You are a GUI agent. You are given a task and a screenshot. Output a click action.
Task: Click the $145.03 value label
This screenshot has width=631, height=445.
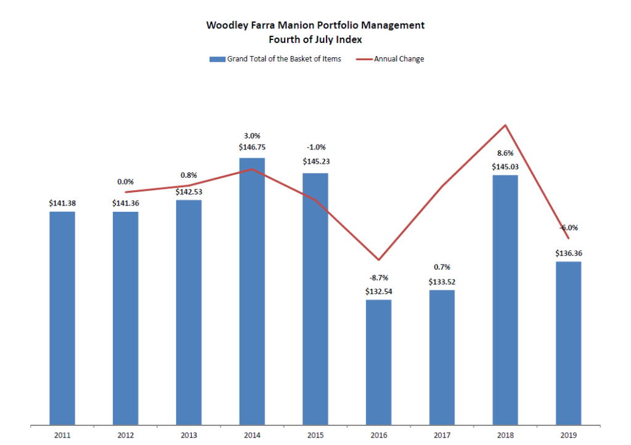point(505,166)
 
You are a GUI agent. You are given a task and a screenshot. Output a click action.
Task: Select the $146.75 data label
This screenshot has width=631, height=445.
point(251,148)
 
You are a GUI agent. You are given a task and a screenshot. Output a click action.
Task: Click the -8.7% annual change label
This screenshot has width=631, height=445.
point(378,278)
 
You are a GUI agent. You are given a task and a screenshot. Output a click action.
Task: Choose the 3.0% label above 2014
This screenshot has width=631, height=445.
point(251,135)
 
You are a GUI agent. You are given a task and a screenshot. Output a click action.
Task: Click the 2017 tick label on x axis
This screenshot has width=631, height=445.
point(441,436)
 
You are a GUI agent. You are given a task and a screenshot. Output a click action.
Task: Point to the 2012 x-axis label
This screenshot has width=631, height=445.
point(125,436)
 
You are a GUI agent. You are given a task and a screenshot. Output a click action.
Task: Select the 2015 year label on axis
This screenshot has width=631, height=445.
point(315,436)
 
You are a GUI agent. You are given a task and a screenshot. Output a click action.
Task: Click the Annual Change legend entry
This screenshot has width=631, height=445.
point(399,59)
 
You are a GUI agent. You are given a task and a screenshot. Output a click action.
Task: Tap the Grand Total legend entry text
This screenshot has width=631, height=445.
point(283,59)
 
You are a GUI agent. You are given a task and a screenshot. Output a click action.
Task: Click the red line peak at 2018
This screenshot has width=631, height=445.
point(505,126)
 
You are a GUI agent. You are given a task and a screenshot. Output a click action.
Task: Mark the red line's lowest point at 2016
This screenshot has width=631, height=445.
point(378,260)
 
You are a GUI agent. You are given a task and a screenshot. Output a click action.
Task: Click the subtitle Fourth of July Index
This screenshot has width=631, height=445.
point(315,39)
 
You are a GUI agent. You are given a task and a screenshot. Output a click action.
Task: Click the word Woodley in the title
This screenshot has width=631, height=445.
point(226,25)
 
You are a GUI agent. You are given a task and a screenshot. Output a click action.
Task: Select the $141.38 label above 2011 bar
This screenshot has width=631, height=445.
point(62,203)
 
